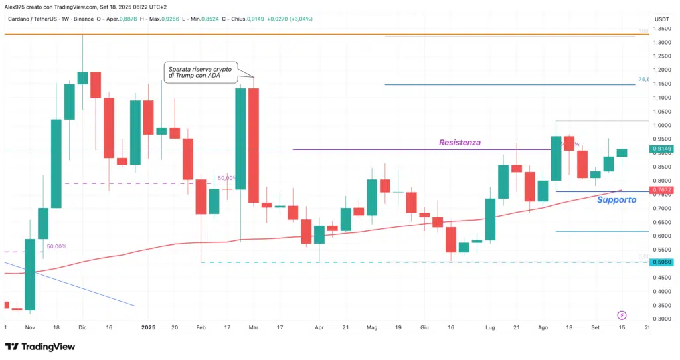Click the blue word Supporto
pos(616,199)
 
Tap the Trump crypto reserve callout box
pos(201,73)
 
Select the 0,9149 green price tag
pos(661,149)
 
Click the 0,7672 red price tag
pos(661,191)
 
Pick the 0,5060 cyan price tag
pos(661,262)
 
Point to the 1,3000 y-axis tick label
pos(661,42)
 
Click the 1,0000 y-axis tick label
pos(661,125)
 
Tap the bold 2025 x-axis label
pos(148,328)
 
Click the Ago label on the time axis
pos(543,328)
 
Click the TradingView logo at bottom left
pos(40,347)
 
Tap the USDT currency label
pos(661,19)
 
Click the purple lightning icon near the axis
pos(622,314)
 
